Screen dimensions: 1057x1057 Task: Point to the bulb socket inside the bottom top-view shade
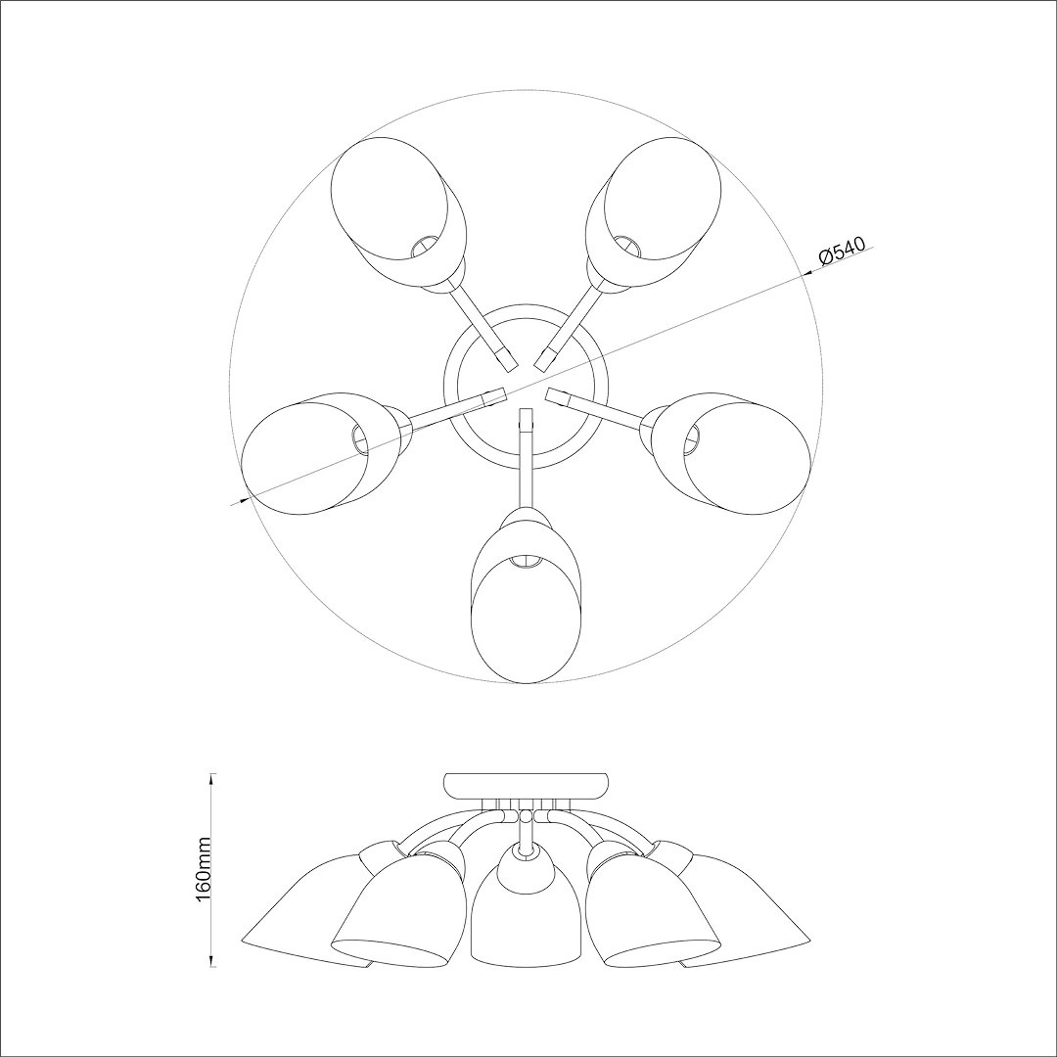(526, 561)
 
